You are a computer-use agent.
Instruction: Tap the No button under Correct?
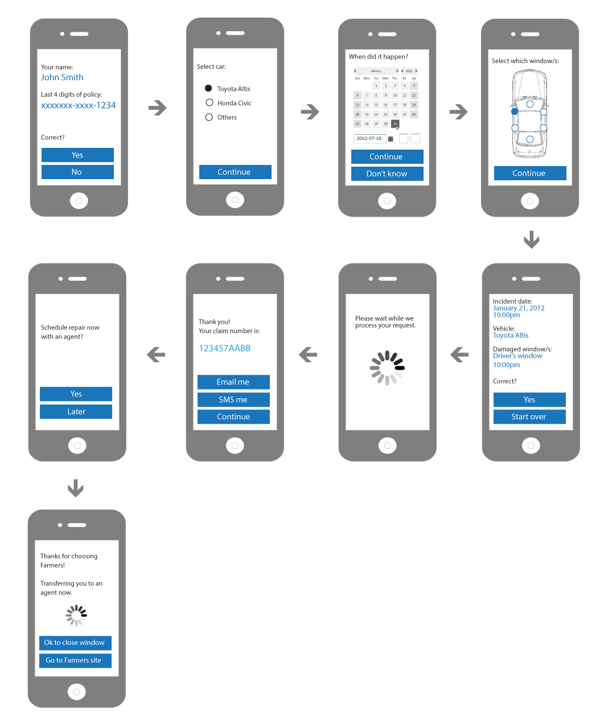click(x=77, y=172)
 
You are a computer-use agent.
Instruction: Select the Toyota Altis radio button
click(x=208, y=88)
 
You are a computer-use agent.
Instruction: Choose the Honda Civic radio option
click(x=209, y=102)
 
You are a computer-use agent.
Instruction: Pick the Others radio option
click(x=209, y=117)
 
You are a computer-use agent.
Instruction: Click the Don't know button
click(x=387, y=173)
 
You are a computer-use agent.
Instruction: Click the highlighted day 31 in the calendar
click(x=395, y=123)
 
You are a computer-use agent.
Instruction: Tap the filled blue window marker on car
click(x=515, y=111)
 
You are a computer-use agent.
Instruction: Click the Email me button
click(x=233, y=382)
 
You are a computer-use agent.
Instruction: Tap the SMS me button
click(x=233, y=400)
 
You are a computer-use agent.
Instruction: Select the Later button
click(x=76, y=412)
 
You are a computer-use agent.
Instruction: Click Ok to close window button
click(x=75, y=643)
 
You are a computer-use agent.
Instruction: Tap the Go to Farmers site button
click(x=75, y=660)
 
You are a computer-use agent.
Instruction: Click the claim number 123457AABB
click(x=224, y=348)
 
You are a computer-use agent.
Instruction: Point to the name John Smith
click(x=62, y=77)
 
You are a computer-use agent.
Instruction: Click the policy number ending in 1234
click(x=78, y=105)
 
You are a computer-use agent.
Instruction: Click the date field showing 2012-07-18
click(x=369, y=138)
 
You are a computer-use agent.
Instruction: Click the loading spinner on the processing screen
click(x=387, y=367)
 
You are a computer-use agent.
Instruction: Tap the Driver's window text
click(x=517, y=356)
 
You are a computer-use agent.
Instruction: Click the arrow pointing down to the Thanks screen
click(x=76, y=488)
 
